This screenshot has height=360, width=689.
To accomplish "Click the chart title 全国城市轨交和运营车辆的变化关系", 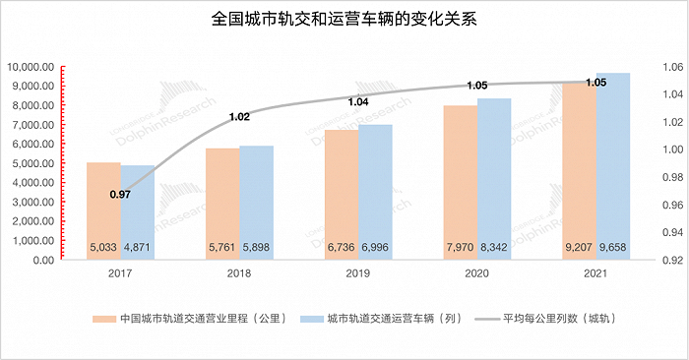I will click(x=344, y=19).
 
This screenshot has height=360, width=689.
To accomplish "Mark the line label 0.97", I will click(x=120, y=195).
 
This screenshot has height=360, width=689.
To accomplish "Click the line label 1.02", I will click(x=239, y=117).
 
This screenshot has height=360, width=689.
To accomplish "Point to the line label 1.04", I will click(x=359, y=101).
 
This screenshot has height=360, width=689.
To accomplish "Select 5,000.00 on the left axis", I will click(x=32, y=163).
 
